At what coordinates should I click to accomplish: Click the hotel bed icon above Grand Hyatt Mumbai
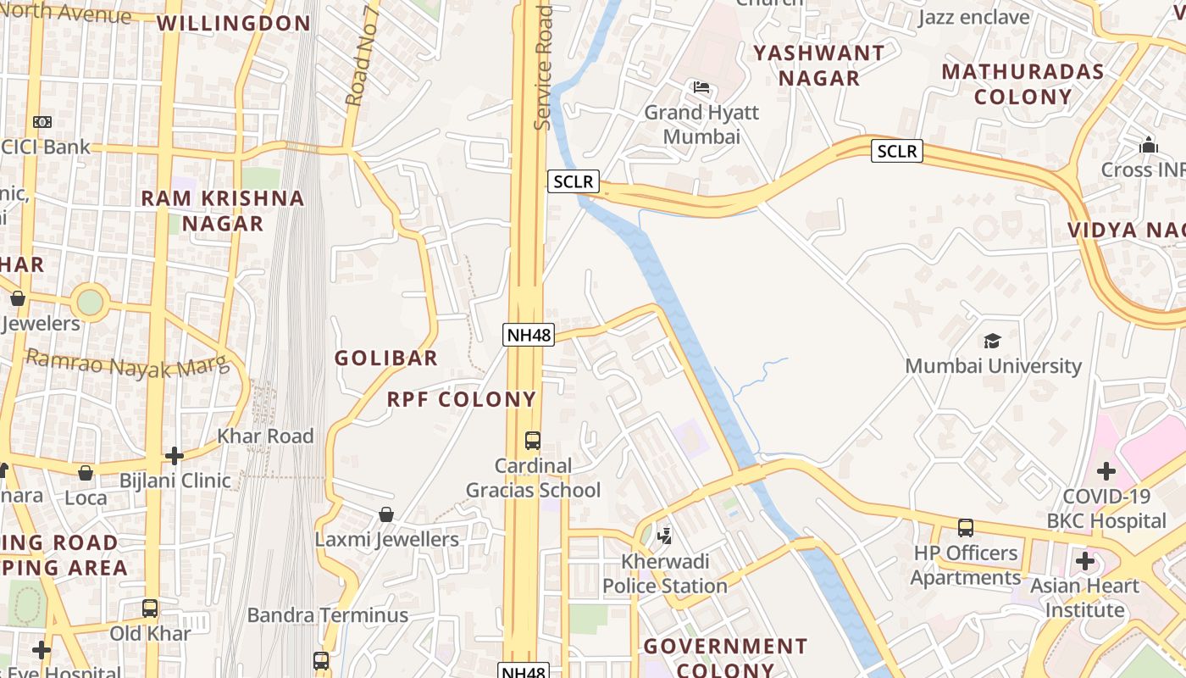coord(701,87)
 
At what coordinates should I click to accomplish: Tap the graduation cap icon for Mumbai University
coord(992,341)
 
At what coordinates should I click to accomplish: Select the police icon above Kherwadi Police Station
coord(665,536)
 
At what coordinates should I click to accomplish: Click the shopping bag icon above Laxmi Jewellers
coord(386,514)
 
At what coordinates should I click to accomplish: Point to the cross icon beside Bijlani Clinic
coord(175,456)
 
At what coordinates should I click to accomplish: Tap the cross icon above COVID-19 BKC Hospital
coord(1106,471)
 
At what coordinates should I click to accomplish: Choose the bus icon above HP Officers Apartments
coord(965,528)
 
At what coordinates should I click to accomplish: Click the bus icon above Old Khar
coord(150,608)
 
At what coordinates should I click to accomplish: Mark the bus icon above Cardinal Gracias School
coord(533,441)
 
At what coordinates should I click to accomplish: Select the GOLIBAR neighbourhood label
coord(386,358)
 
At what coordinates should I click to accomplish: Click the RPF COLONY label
coord(462,399)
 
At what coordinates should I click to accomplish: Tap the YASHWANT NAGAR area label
coord(819,65)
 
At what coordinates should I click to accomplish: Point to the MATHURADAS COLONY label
coord(1023,84)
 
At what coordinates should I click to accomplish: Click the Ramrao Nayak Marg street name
coord(127,363)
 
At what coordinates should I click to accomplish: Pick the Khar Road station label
coord(265,436)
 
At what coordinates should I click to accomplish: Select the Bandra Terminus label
coord(328,615)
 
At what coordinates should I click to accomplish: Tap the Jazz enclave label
coord(973,17)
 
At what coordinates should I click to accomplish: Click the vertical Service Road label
coord(543,68)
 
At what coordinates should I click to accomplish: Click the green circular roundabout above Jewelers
coord(90,302)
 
